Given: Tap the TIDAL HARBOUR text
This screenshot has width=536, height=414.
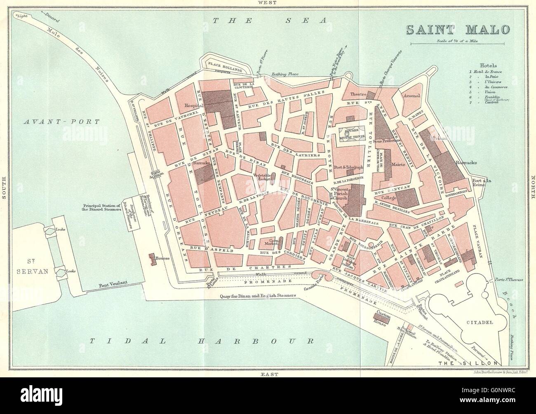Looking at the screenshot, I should (x=201, y=341).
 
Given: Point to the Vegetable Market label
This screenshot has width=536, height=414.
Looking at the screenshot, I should (x=261, y=177).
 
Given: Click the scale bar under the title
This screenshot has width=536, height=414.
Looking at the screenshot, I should (x=458, y=43).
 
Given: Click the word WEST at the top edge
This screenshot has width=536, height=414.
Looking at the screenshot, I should (x=267, y=3).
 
